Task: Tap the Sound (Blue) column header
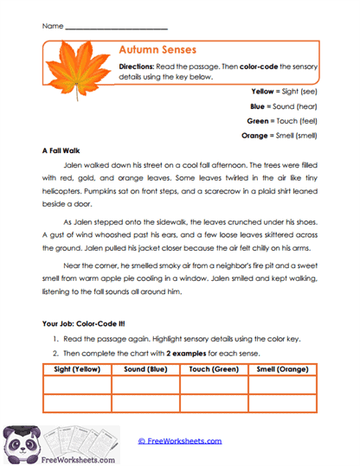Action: pos(145,368)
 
